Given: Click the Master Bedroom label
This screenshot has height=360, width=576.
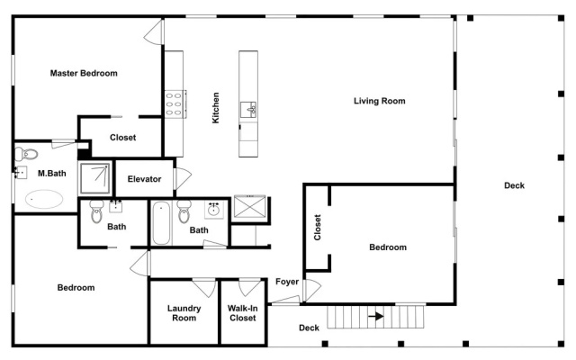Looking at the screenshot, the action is point(84,73).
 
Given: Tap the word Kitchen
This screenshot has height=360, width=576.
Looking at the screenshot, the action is point(216,108).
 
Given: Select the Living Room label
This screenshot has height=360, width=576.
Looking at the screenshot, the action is point(380,101).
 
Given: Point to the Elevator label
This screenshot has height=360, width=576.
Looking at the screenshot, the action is point(144,179).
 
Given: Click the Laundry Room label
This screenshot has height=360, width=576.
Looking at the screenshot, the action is point(184,313).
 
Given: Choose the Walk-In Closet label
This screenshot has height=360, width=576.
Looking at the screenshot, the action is point(242,313).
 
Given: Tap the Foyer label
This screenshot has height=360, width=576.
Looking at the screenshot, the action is point(287,282).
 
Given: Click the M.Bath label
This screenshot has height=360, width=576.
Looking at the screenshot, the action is point(52,173).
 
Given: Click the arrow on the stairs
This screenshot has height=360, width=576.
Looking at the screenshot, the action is point(376,316).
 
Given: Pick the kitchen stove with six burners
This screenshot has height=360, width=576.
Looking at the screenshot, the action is point(175,104).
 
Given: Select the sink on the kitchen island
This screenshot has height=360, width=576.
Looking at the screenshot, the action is point(248,110).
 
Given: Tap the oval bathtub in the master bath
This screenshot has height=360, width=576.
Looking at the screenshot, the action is point(44,199).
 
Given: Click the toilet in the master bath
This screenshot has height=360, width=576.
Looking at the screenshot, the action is point(26,154).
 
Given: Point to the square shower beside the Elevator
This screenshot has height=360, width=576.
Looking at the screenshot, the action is point(95,178).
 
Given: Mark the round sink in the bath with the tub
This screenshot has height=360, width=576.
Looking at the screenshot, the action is point(213,210).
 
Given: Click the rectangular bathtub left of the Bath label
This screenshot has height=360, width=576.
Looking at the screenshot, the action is point(161,223).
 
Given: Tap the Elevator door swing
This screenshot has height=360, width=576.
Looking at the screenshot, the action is point(183,178).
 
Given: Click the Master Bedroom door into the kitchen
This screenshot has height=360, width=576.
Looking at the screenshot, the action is point(154,32).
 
